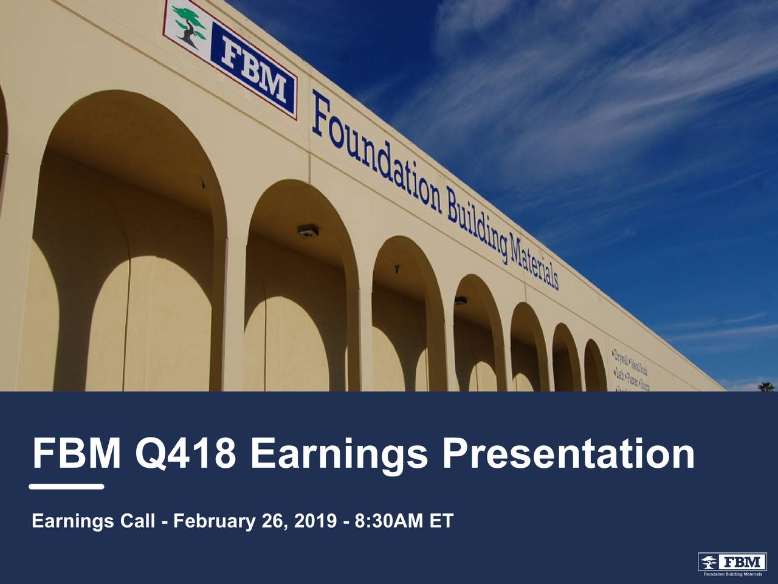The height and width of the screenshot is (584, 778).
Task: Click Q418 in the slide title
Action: point(185,454)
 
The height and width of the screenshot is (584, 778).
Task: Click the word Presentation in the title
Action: point(568,454)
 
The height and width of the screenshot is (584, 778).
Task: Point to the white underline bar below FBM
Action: point(66,487)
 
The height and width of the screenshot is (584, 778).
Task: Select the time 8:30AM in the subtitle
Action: point(385,521)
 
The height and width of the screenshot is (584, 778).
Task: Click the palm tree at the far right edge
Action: point(767,386)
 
